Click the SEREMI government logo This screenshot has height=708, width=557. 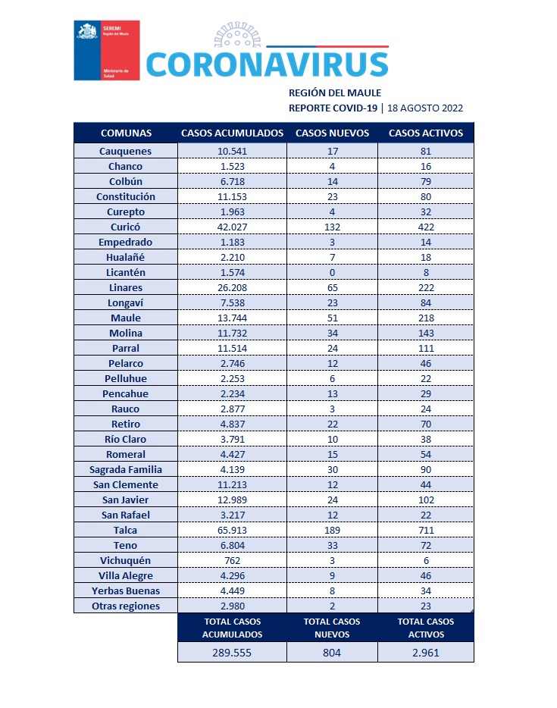pos(106,51)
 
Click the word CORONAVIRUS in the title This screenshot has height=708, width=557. pos(267,64)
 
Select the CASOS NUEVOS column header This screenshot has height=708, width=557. pos(332,133)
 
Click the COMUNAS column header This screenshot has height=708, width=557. pos(126,133)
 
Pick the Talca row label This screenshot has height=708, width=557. pos(126,530)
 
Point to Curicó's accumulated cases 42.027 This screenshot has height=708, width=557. pos(232,227)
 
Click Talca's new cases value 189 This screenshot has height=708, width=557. pos(332,530)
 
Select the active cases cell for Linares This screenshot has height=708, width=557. pos(426,287)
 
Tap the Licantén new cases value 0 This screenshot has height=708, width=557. pos(332,272)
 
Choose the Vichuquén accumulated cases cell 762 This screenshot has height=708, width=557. pos(232,560)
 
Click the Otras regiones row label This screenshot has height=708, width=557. pos(126,606)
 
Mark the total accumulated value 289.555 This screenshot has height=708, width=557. pos(232,652)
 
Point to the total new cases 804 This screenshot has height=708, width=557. pos(332,652)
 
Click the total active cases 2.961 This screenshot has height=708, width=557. pos(426,652)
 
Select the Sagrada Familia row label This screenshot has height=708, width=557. pos(126,469)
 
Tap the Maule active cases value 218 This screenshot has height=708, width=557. pos(426,318)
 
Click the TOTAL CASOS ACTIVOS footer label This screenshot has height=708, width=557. pos(426,628)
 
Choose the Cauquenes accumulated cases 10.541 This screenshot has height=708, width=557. pos(232,151)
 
